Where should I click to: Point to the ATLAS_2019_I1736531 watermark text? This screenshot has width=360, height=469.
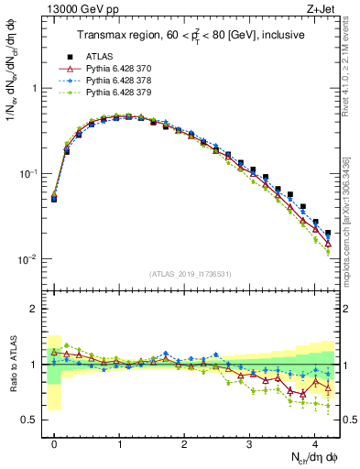191,274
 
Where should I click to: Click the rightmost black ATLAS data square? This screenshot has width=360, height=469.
328,233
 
